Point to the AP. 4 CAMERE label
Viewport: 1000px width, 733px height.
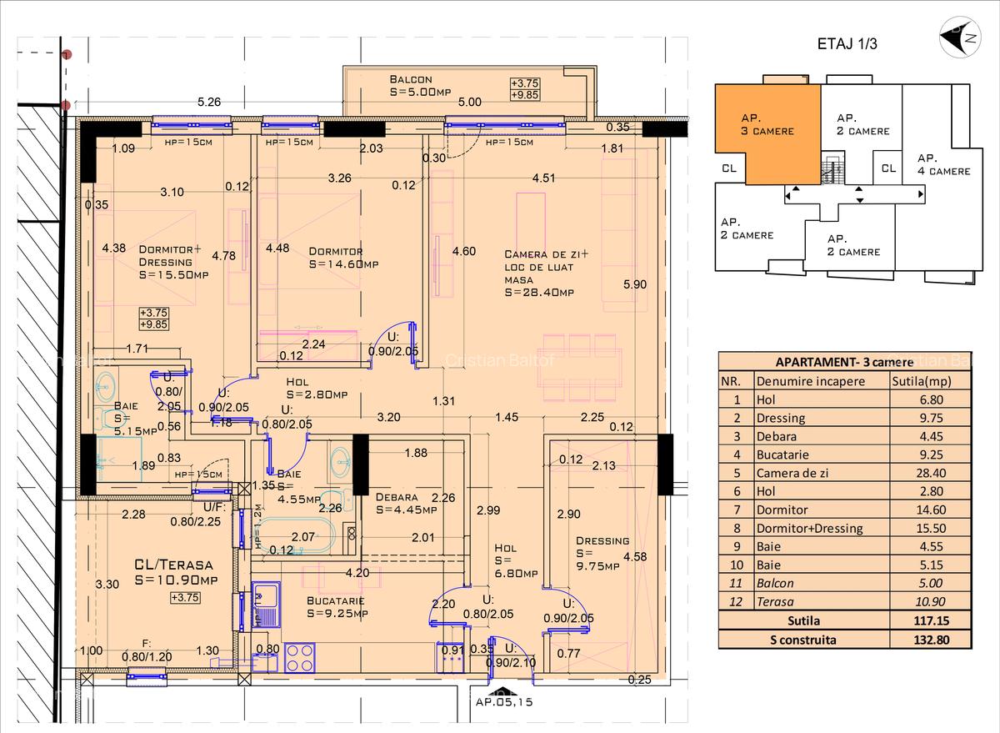943,164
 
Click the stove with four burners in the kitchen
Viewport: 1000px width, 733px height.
298,655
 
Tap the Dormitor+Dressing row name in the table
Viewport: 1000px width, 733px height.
809,528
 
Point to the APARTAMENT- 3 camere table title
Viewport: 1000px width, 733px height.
844,362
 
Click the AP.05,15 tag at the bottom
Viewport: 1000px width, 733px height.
503,702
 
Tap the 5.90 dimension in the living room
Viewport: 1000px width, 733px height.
635,284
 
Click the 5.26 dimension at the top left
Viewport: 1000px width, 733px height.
208,103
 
